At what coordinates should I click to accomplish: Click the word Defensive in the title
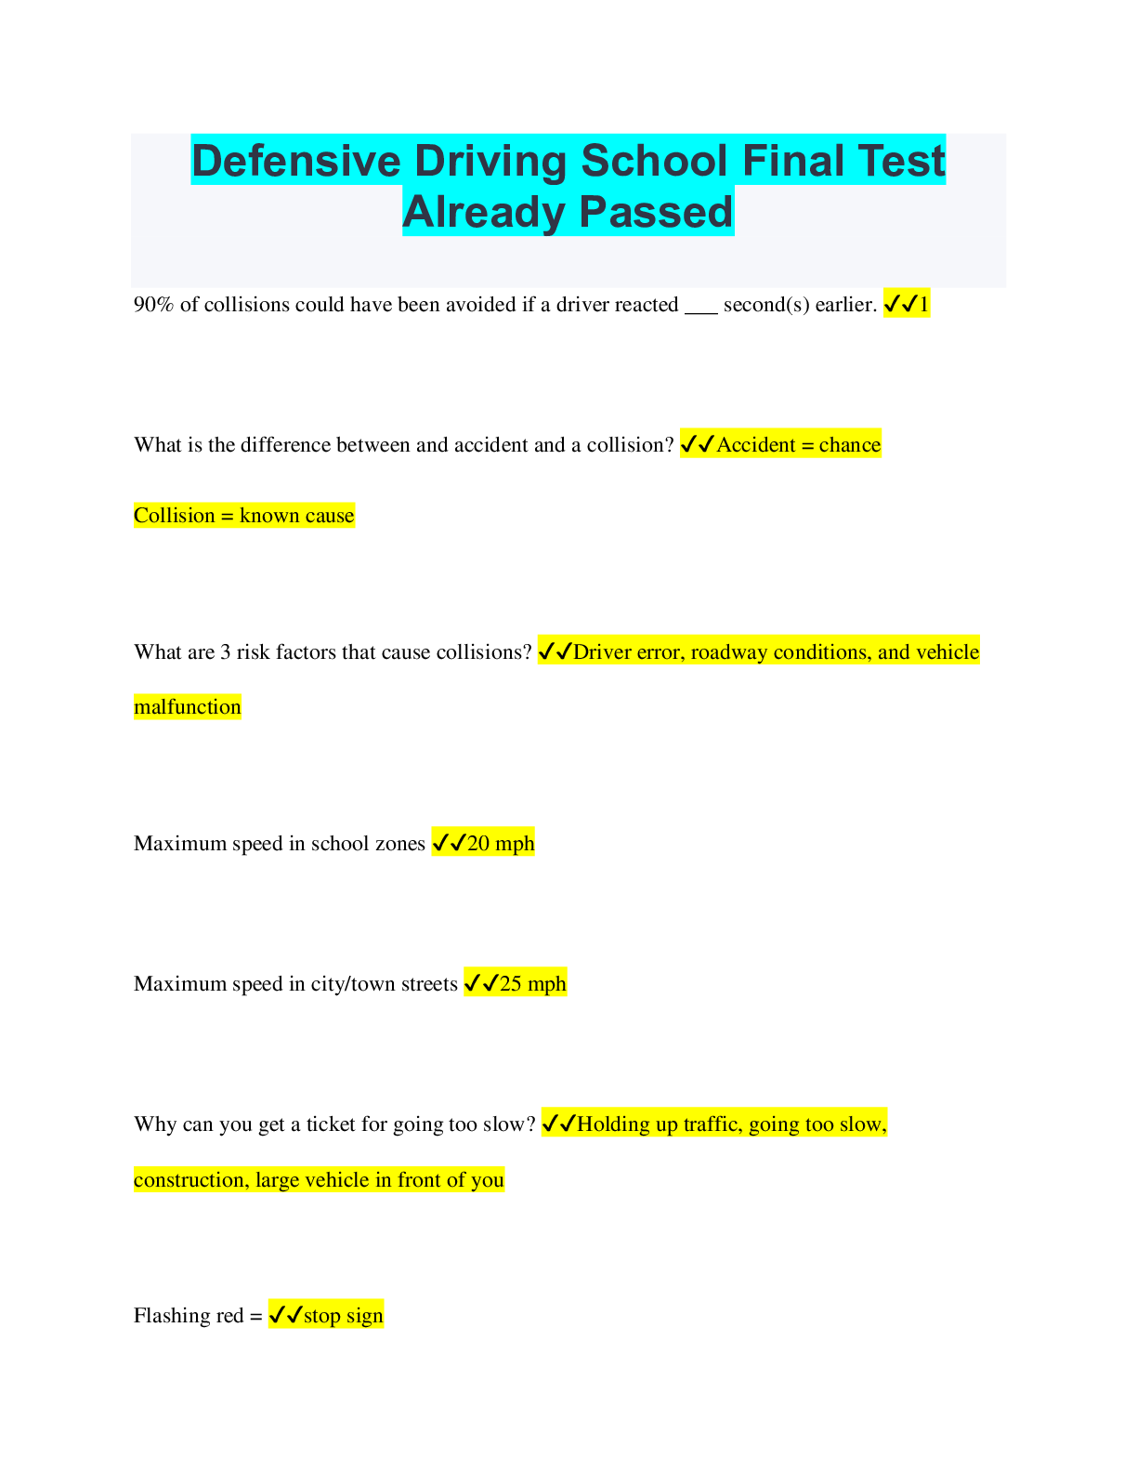[x=295, y=162]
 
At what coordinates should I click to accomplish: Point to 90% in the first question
[x=153, y=305]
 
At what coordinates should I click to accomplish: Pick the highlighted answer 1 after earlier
[x=923, y=305]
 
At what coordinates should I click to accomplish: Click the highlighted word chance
[x=849, y=445]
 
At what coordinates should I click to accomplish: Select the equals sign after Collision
[x=227, y=516]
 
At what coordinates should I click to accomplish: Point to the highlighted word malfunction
[x=187, y=707]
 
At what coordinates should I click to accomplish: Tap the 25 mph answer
[x=532, y=984]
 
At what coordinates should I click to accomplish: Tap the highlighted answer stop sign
[x=343, y=1316]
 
